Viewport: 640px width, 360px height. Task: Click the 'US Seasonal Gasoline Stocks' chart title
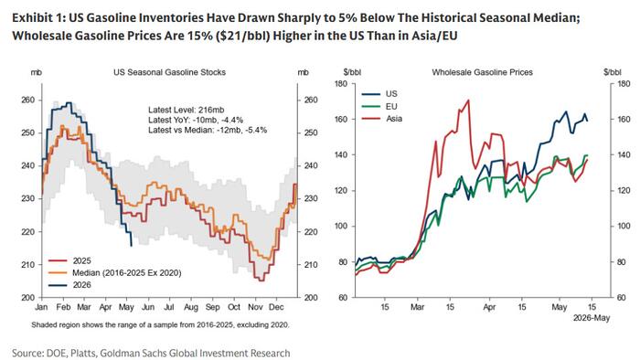point(169,72)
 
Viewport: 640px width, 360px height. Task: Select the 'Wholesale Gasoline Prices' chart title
point(482,72)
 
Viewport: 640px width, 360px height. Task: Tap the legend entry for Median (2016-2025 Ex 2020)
point(115,273)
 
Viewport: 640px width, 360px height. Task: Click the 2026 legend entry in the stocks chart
point(69,285)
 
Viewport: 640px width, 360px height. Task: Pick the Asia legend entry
point(382,119)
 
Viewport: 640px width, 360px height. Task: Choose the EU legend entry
point(379,106)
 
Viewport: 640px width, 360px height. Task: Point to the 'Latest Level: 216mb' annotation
point(187,110)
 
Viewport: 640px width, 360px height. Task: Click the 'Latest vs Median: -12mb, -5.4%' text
point(208,130)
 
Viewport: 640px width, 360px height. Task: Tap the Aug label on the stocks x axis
point(190,307)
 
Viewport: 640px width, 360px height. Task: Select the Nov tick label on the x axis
point(255,307)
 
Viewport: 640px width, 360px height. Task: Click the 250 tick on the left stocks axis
point(28,132)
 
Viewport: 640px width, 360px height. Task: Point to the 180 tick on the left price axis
point(341,84)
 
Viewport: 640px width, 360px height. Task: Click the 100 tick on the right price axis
point(621,227)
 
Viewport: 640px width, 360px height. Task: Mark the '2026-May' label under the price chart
point(592,318)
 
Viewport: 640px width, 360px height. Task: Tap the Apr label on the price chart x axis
point(489,307)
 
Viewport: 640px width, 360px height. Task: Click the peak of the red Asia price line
point(468,100)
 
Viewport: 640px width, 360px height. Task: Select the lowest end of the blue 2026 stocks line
point(131,246)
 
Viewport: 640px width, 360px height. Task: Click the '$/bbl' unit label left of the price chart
point(352,72)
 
